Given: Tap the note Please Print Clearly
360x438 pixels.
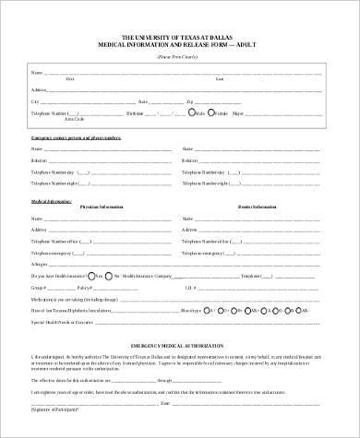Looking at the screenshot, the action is tap(179, 56).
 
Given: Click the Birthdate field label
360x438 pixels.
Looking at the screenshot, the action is tap(135, 113).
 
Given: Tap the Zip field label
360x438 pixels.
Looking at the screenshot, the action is tap(189, 101).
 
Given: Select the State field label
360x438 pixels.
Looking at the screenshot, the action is tap(142, 101).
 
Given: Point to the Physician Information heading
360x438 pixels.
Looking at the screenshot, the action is tap(101, 207).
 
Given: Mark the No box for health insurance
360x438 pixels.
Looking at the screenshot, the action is tap(107, 276).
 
